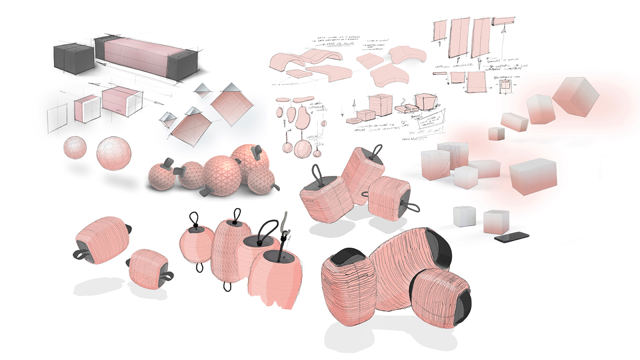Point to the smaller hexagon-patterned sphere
[x=75, y=147]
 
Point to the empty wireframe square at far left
[x=59, y=118]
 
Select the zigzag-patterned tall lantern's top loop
[x=237, y=215]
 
